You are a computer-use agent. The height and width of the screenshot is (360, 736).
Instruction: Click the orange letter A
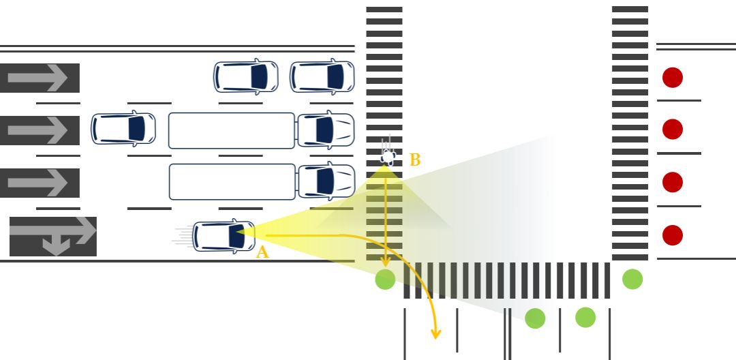click(x=262, y=252)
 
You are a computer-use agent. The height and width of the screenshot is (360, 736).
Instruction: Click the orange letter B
click(x=415, y=161)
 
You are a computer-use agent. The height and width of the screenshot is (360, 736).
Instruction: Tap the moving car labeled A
click(x=224, y=236)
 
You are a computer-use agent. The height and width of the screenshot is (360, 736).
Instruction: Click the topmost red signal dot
click(x=673, y=77)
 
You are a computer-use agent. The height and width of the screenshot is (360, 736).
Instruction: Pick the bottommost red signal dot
click(x=673, y=235)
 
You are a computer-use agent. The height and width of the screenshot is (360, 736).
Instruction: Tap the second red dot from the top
click(x=673, y=129)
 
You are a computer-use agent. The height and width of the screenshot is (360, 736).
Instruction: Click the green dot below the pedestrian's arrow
click(x=385, y=279)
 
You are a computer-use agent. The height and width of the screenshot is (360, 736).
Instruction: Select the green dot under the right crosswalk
click(x=632, y=279)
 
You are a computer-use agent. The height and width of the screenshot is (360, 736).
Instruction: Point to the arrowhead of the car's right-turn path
click(x=435, y=334)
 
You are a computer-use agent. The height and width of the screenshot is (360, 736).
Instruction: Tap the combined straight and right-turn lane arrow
click(x=53, y=236)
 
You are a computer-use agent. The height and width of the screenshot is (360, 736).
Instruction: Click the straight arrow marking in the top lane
click(x=40, y=78)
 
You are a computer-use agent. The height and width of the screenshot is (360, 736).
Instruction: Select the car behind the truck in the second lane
click(x=123, y=129)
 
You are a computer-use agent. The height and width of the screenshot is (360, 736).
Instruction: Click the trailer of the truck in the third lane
click(x=232, y=181)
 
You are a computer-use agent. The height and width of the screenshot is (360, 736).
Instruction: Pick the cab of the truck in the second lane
click(x=326, y=130)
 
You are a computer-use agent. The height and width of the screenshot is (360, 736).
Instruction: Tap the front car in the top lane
click(x=322, y=76)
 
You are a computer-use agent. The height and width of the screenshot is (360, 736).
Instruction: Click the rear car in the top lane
click(x=246, y=76)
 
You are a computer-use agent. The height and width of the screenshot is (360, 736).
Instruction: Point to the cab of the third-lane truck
click(x=326, y=181)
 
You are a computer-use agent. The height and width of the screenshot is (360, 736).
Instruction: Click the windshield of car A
click(x=237, y=236)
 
